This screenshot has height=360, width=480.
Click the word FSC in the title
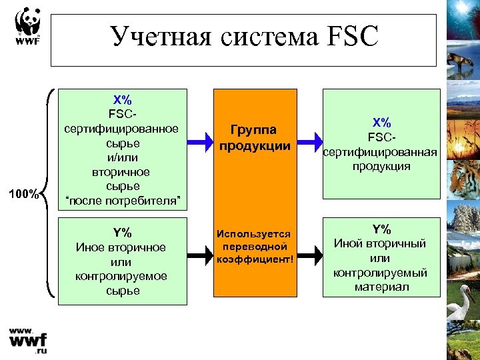point(352,36)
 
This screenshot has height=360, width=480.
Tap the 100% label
point(27,194)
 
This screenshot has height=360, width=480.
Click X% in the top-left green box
point(121,97)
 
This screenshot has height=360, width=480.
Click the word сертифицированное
point(121,128)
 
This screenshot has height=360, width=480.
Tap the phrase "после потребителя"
point(121,200)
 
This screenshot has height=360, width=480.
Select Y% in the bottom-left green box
point(121,233)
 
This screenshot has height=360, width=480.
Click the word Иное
point(91,247)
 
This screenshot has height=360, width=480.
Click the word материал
point(381,287)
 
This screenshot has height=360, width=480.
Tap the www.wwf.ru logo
point(28,340)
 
